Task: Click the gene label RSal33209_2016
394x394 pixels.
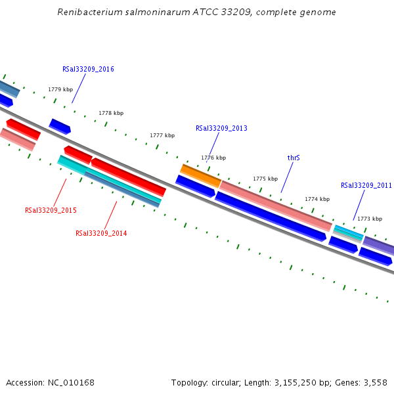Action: click(88, 69)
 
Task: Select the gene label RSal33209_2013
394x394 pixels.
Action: click(221, 128)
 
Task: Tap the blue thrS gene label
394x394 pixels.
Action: click(294, 158)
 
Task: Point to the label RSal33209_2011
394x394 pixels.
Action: click(366, 186)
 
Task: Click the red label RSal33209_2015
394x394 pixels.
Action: click(51, 210)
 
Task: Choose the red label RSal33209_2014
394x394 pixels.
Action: click(101, 233)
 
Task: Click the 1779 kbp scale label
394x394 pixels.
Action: click(60, 89)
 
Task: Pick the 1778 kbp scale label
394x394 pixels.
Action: click(111, 113)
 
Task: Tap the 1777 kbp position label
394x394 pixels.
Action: click(162, 135)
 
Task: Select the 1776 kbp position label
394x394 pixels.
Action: click(213, 158)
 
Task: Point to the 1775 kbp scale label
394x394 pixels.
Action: click(265, 179)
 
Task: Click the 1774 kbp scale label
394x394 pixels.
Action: click(317, 199)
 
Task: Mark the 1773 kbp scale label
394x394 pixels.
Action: click(369, 219)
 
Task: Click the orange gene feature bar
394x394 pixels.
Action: click(200, 175)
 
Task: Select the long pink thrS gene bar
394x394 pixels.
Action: click(276, 206)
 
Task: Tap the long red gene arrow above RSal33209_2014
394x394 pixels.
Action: click(128, 177)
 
